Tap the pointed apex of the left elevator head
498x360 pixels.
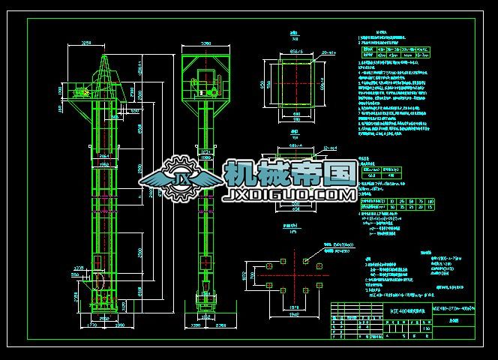102,54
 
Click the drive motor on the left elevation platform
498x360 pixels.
80,92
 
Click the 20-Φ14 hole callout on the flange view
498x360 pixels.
327,53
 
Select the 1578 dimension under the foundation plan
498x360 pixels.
293,307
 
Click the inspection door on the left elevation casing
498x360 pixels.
100,262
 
